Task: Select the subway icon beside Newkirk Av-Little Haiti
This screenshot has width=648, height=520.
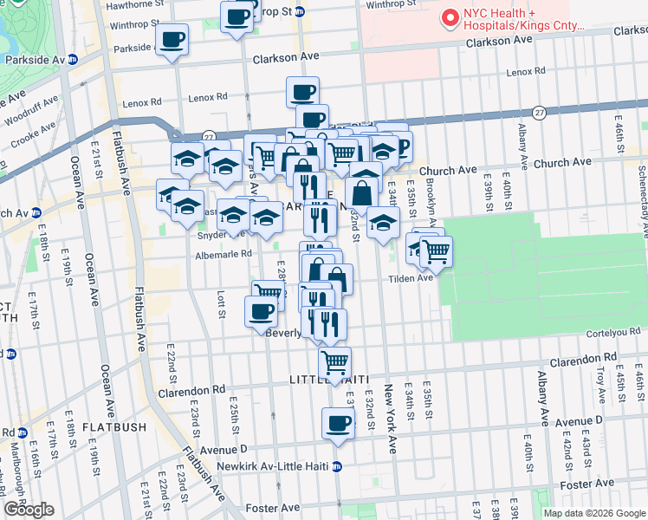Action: pyautogui.click(x=338, y=466)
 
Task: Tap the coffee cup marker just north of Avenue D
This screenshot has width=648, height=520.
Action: pyautogui.click(x=338, y=425)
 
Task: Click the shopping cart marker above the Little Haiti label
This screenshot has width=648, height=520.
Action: pyautogui.click(x=334, y=361)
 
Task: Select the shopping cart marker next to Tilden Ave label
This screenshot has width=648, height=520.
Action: pyautogui.click(x=436, y=252)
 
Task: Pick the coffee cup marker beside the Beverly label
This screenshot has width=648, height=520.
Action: pyautogui.click(x=261, y=311)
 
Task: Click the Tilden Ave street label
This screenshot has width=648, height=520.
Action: pyautogui.click(x=411, y=278)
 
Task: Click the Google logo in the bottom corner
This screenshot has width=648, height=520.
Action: pyautogui.click(x=29, y=510)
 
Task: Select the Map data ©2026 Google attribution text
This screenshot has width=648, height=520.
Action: pyautogui.click(x=595, y=513)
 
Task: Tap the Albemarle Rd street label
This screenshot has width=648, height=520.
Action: pyautogui.click(x=223, y=254)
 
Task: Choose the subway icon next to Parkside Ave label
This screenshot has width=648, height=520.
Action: pyautogui.click(x=73, y=60)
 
